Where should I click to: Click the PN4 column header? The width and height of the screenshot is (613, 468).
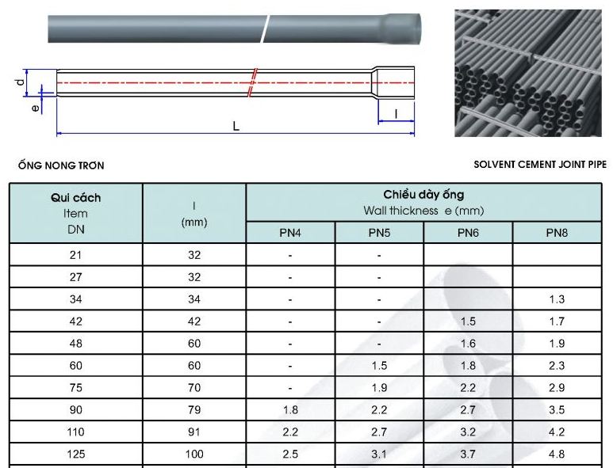tap(290, 233)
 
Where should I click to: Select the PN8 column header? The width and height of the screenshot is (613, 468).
tap(557, 233)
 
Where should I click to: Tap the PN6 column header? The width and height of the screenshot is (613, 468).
tap(468, 233)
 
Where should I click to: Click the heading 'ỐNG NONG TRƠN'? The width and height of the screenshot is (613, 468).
tap(61, 166)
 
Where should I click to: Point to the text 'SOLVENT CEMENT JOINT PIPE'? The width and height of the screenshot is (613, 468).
tap(540, 165)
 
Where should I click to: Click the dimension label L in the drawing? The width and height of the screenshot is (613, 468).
tap(236, 126)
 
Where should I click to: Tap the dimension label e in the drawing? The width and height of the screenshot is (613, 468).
tap(35, 108)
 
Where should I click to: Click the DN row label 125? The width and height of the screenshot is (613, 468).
tap(76, 454)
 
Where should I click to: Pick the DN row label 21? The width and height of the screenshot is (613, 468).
tap(76, 255)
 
